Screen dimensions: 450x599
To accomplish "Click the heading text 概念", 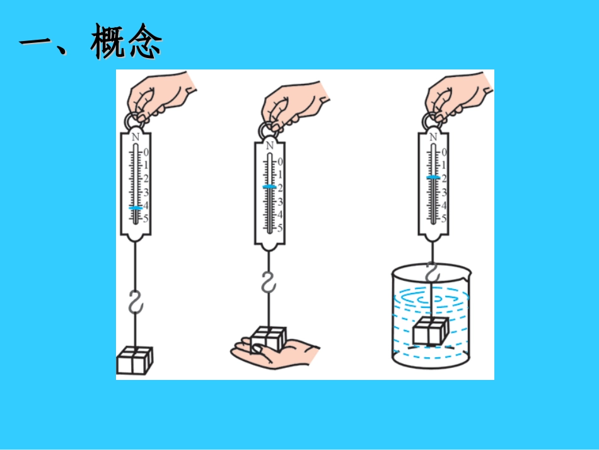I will [x=126, y=44].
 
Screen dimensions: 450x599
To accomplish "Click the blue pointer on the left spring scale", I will [x=135, y=207].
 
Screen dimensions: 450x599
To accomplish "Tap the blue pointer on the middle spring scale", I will [x=269, y=187].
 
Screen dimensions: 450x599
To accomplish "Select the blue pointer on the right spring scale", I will [x=433, y=177].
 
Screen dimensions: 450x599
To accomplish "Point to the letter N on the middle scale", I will [x=270, y=146].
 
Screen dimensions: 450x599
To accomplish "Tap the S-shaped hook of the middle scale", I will [x=269, y=281].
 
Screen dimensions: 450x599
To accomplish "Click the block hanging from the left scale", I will [x=134, y=360].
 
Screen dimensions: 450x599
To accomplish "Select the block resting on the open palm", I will [x=269, y=338].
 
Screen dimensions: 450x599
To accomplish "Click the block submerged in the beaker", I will [x=431, y=331].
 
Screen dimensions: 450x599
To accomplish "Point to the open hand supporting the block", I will [x=277, y=350].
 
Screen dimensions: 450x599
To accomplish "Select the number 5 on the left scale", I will [x=146, y=219].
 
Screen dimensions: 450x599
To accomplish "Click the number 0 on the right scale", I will [x=444, y=152].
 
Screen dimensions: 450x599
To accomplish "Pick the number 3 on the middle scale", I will [x=281, y=202].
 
